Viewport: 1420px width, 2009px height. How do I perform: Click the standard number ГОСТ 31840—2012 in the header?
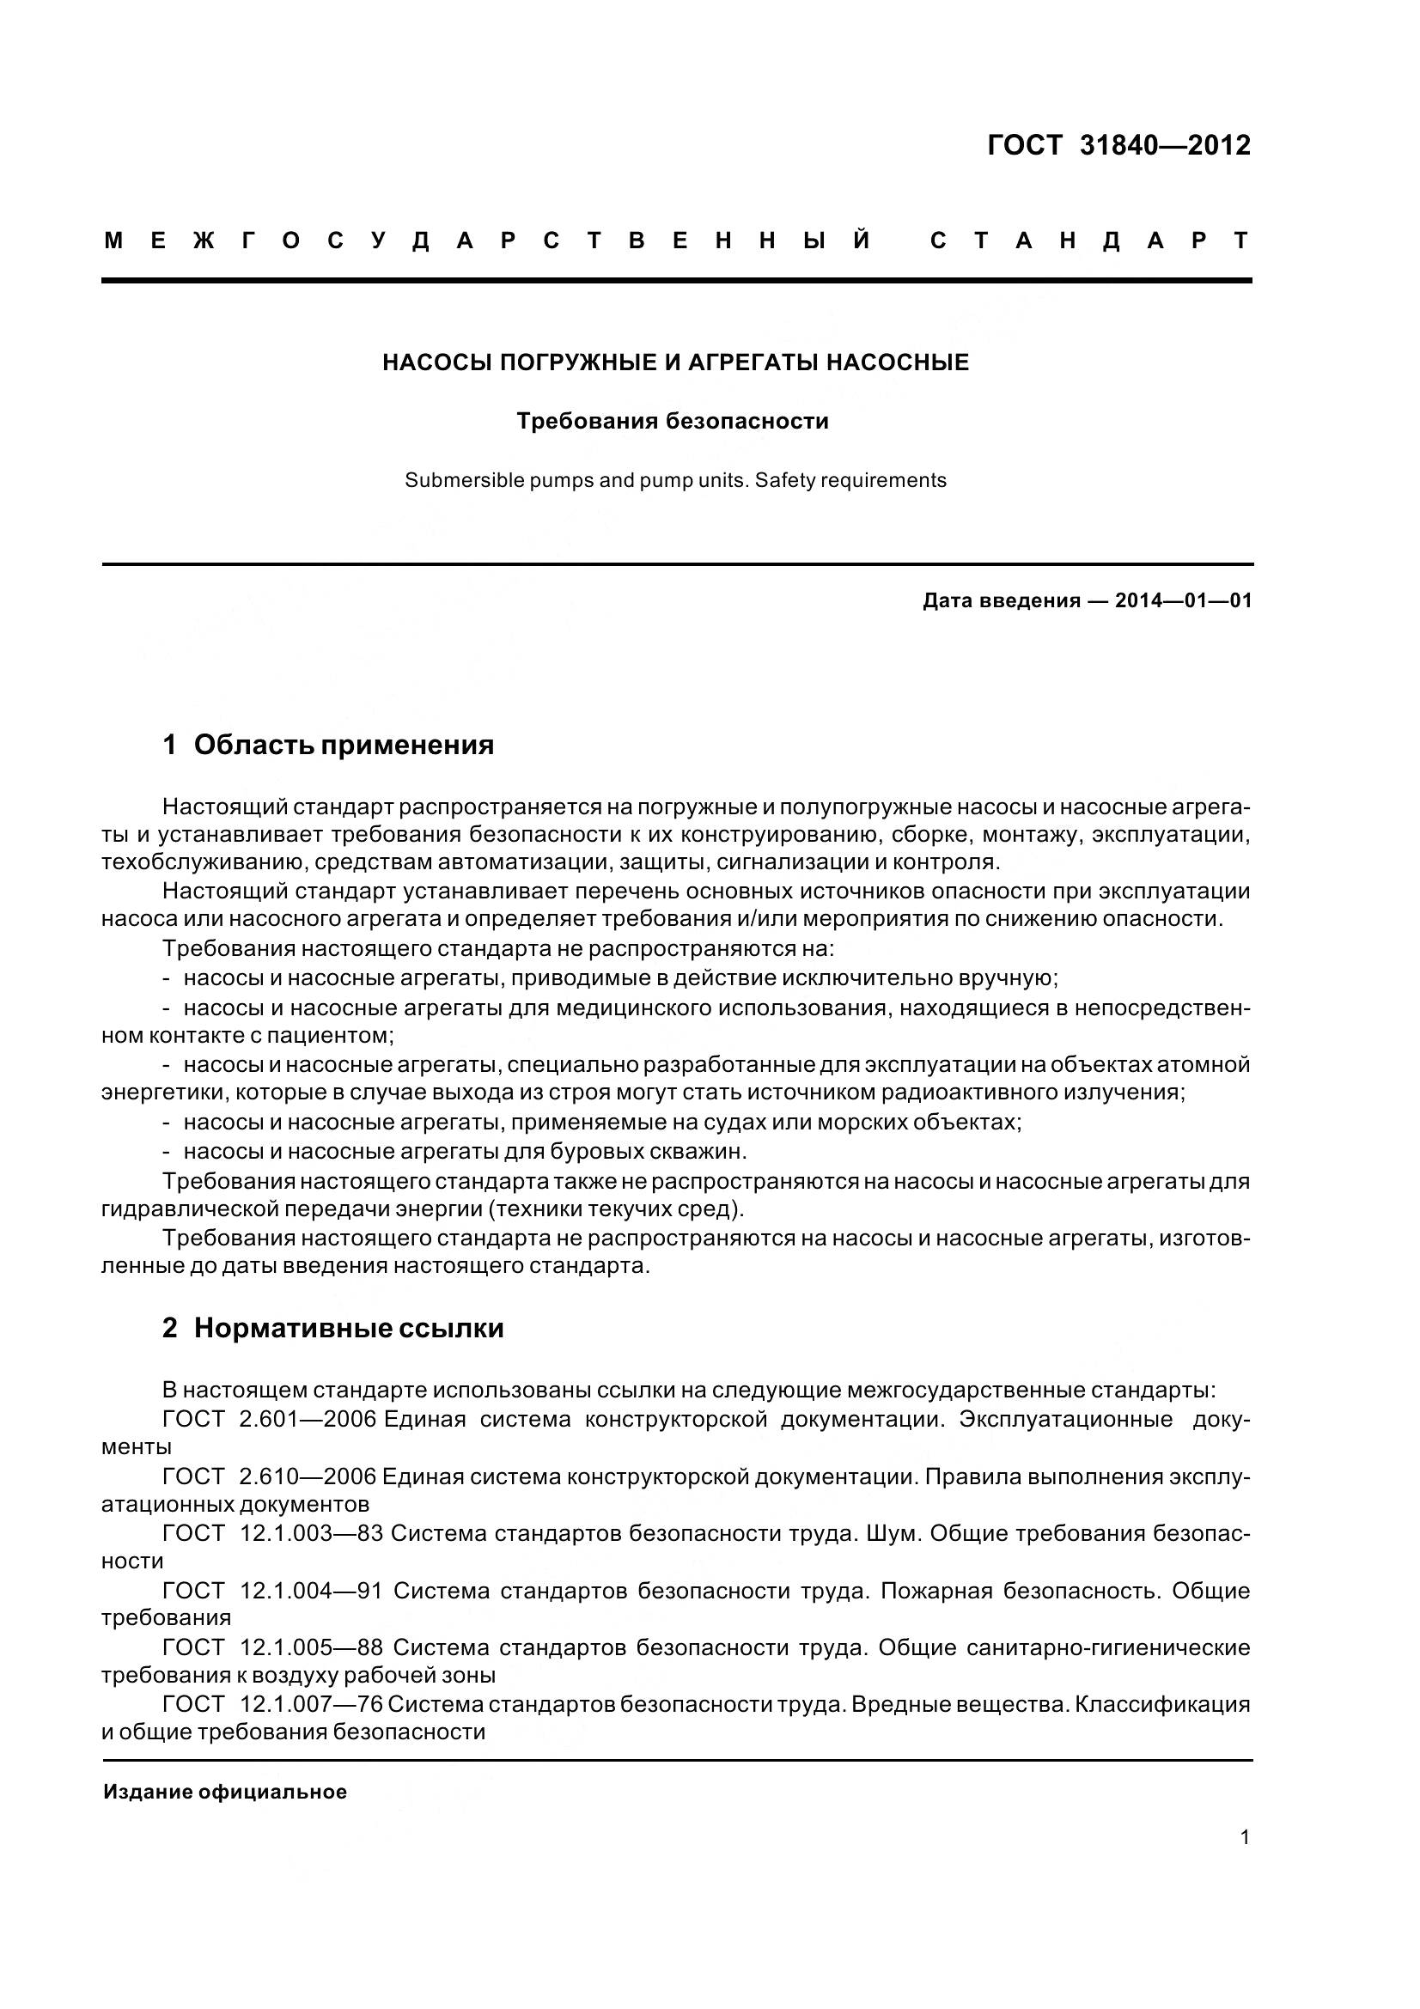coord(1118,145)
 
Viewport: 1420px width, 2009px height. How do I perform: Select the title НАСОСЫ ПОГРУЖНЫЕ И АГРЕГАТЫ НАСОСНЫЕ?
coord(675,362)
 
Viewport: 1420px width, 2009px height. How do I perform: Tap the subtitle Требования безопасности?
coord(672,422)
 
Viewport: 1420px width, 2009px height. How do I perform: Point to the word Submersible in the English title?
coord(452,480)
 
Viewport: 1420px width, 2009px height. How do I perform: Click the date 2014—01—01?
coord(1183,601)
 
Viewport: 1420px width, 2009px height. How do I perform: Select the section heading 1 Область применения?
coord(328,745)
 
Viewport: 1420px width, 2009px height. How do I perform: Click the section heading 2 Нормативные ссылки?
coord(332,1328)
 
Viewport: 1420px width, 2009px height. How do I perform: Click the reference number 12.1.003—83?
coord(312,1534)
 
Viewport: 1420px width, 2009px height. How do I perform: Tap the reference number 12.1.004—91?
coord(312,1591)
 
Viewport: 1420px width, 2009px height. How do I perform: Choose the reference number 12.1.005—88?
coord(312,1647)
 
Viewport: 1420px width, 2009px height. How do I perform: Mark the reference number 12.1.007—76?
coord(312,1704)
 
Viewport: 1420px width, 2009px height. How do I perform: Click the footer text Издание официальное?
coord(225,1792)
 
